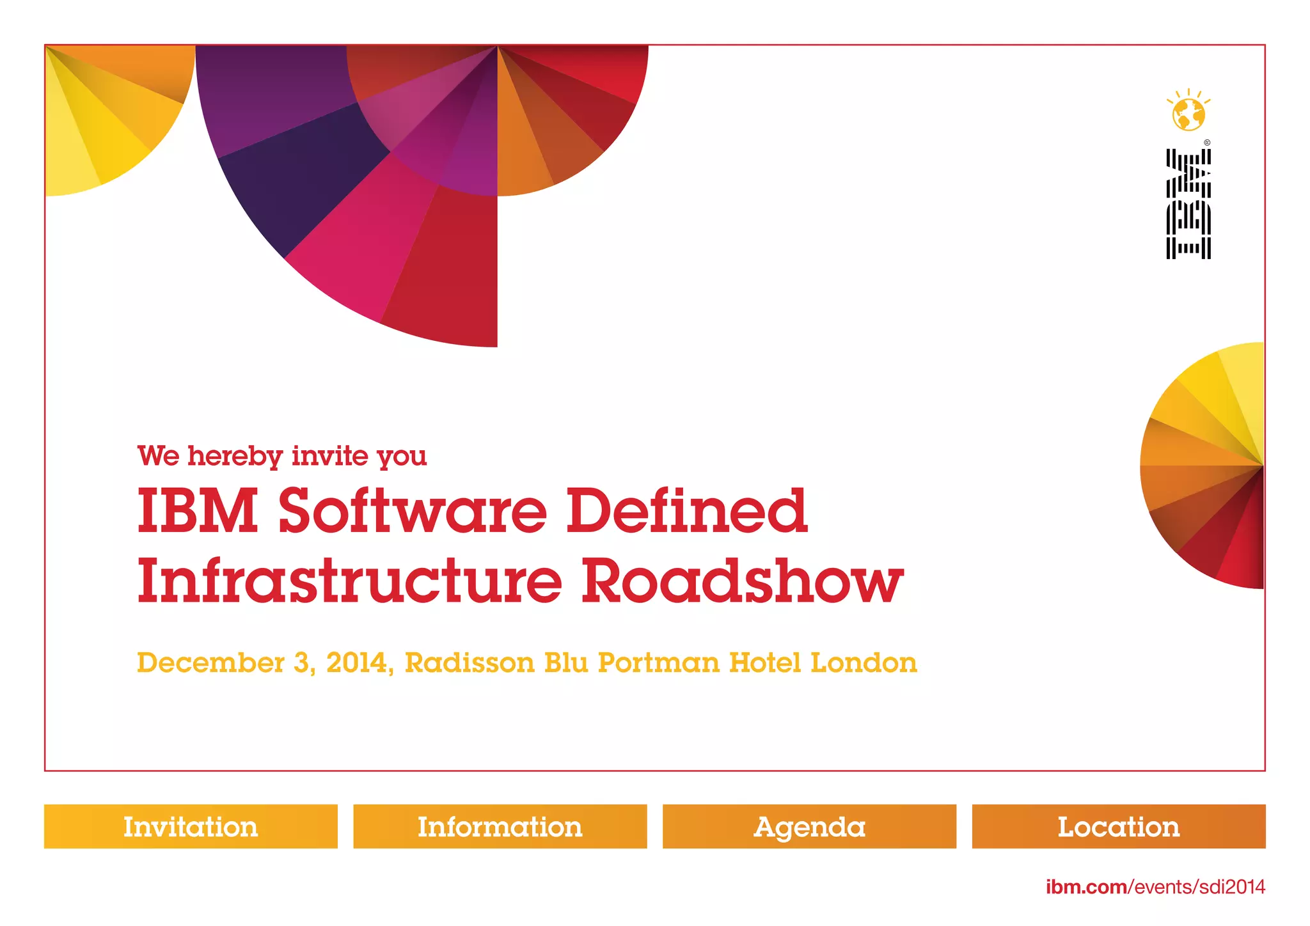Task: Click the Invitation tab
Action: (191, 826)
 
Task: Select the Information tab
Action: (500, 826)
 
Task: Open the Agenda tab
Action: (809, 826)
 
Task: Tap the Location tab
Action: (1118, 826)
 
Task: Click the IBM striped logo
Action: (1188, 204)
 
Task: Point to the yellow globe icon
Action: (1188, 113)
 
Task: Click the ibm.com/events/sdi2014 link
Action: (1155, 887)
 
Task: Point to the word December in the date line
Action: (210, 663)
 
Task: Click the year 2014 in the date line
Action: (356, 663)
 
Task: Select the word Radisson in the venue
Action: (470, 663)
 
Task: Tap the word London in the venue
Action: (864, 663)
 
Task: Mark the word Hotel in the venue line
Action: (765, 663)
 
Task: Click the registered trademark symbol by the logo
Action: (1207, 143)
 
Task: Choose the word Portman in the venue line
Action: (658, 663)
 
